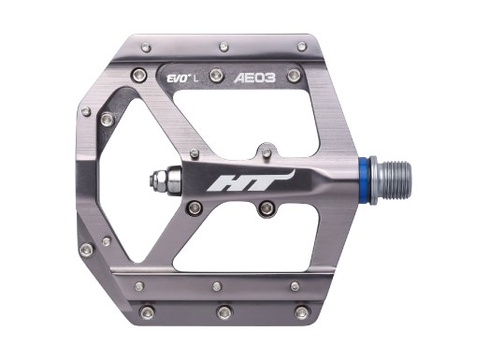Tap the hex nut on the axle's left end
(x=180, y=179)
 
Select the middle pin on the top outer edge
(x=223, y=44)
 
